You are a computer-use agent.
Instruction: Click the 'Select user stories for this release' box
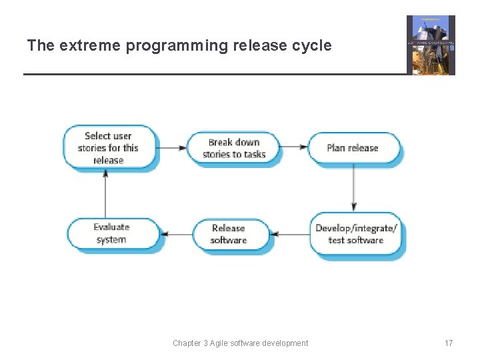pyautogui.click(x=109, y=147)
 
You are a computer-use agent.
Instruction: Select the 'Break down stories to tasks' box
pyautogui.click(x=234, y=148)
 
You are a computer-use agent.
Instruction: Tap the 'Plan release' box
pyautogui.click(x=353, y=148)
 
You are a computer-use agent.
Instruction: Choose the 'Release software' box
pyautogui.click(x=229, y=234)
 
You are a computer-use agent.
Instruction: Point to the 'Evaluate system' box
pyautogui.click(x=111, y=234)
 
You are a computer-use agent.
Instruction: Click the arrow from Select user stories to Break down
pyautogui.click(x=173, y=147)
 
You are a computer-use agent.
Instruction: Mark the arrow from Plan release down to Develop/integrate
pyautogui.click(x=353, y=188)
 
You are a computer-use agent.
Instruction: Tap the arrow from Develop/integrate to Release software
pyautogui.click(x=291, y=234)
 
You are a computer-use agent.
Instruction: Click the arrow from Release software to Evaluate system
pyautogui.click(x=177, y=234)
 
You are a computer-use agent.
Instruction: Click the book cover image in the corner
pyautogui.click(x=431, y=45)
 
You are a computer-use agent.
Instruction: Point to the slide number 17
pyautogui.click(x=449, y=343)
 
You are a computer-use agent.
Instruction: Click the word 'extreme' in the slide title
pyautogui.click(x=81, y=46)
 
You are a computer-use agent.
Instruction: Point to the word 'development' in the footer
pyautogui.click(x=286, y=343)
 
